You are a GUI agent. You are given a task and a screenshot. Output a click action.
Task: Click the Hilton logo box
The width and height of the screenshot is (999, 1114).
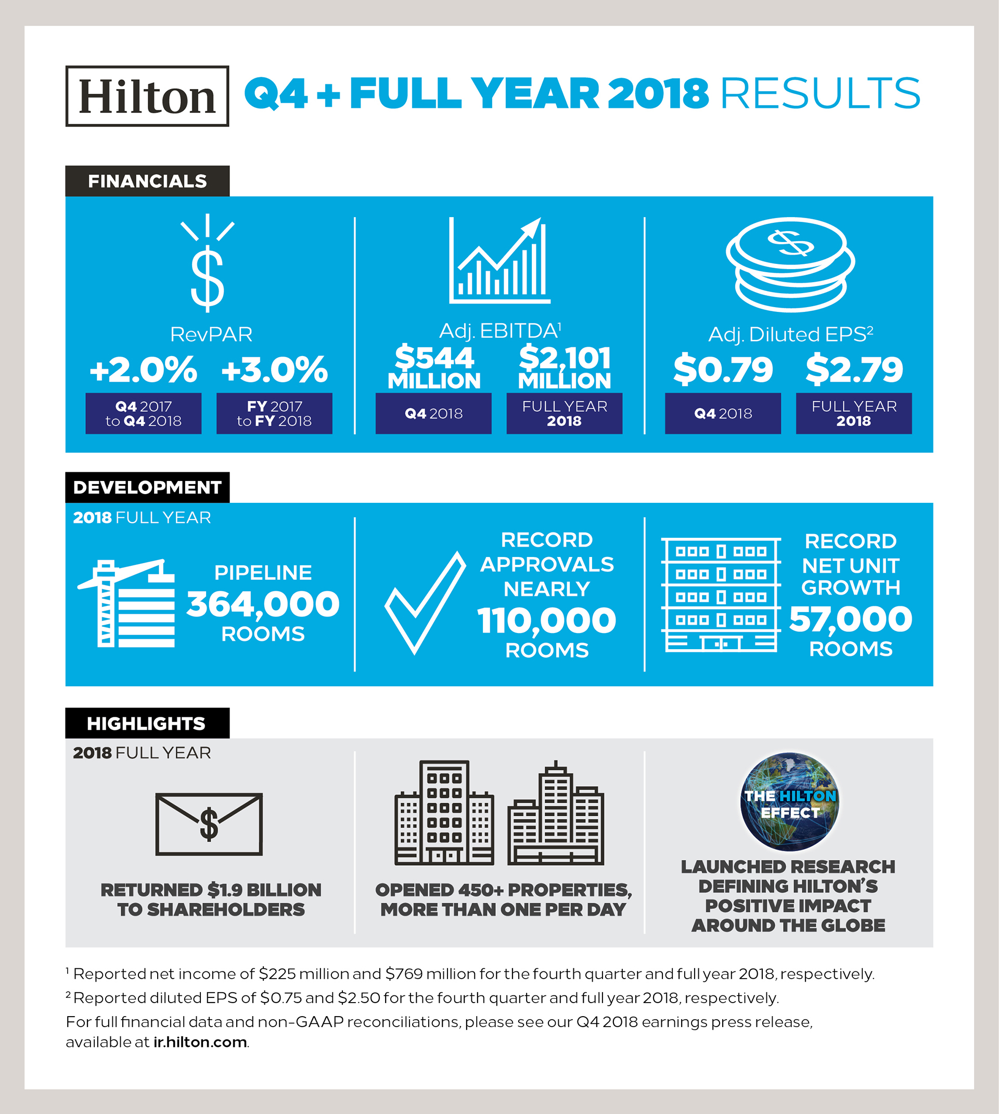[x=147, y=96]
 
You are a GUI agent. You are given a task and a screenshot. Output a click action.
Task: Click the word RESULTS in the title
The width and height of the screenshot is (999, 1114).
[x=819, y=93]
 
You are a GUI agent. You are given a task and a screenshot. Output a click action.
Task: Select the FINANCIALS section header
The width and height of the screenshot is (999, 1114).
[x=147, y=181]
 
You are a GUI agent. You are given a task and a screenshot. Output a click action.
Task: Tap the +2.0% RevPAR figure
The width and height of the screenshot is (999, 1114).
[x=143, y=370]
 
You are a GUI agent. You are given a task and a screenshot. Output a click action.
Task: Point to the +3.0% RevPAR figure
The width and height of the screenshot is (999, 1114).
[x=274, y=370]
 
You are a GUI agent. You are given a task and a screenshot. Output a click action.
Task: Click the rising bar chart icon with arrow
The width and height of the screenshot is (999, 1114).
[x=499, y=261]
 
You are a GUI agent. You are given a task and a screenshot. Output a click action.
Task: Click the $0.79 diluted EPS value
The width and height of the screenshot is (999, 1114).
[x=723, y=370]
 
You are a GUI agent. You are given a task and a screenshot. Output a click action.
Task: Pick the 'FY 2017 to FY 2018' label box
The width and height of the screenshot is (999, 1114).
[x=274, y=413]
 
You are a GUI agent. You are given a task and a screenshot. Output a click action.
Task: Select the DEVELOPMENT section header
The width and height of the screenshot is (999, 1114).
[x=147, y=488]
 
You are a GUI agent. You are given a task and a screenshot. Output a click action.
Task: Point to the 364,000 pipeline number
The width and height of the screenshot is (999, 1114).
[x=263, y=604]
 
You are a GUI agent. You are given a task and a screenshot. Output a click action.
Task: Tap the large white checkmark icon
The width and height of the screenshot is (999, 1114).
[x=424, y=604]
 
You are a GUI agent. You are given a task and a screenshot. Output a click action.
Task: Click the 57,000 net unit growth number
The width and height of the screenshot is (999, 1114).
[x=850, y=619]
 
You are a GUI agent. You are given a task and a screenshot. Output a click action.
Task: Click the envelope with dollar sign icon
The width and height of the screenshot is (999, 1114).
[x=209, y=824]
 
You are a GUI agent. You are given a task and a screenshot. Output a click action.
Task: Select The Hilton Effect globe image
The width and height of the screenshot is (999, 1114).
[x=789, y=802]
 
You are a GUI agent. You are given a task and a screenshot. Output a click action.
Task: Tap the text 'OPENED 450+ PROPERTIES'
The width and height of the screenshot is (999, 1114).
[x=503, y=890]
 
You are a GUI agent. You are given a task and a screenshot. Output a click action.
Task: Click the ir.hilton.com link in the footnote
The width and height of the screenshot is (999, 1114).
[x=200, y=1042]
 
